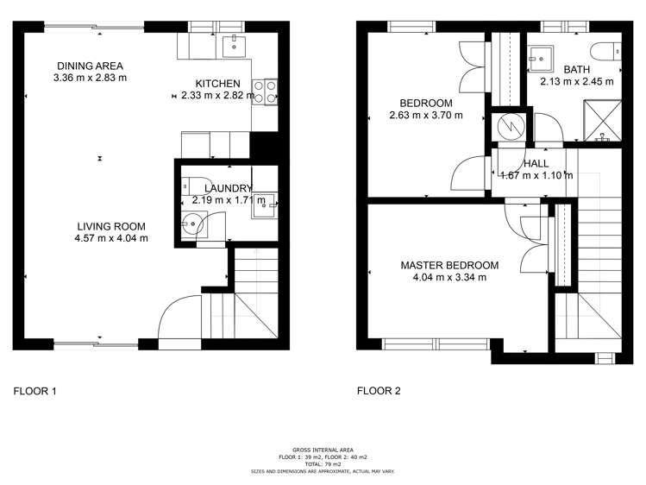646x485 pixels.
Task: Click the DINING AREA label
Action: (x=90, y=66)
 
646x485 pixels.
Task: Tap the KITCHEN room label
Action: (x=217, y=84)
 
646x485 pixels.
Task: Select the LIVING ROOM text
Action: (x=111, y=226)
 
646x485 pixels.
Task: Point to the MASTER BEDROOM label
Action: (x=449, y=266)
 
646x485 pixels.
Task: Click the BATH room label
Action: (x=577, y=69)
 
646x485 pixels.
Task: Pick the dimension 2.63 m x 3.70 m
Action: (x=426, y=116)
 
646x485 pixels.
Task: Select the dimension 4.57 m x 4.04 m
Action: (x=111, y=238)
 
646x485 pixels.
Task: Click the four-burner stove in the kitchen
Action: (x=265, y=92)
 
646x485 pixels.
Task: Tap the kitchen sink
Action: (x=234, y=47)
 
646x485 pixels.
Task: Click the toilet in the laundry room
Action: (x=196, y=186)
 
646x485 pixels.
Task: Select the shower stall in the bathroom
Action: (x=602, y=120)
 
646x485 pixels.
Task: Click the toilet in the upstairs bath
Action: (x=605, y=52)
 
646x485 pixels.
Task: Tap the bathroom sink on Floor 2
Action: (x=540, y=58)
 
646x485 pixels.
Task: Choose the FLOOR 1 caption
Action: (x=34, y=391)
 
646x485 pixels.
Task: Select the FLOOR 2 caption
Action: (x=379, y=391)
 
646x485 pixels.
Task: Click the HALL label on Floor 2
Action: (x=536, y=164)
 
